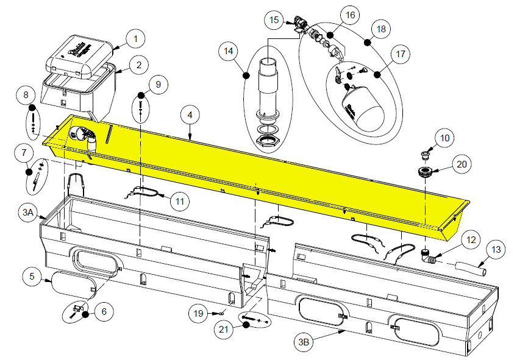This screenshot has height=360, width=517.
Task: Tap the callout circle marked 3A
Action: pyautogui.click(x=28, y=213)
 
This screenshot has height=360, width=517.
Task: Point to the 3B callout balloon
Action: pyautogui.click(x=303, y=342)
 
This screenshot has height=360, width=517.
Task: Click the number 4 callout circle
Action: pyautogui.click(x=190, y=115)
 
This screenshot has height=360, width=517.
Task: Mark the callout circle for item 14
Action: pyautogui.click(x=229, y=52)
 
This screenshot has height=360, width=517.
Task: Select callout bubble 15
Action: pyautogui.click(x=273, y=19)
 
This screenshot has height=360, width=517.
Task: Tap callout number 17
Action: pyautogui.click(x=400, y=54)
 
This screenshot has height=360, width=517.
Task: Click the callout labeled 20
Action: pyautogui.click(x=462, y=163)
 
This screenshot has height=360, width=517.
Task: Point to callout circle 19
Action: pyautogui.click(x=198, y=313)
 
